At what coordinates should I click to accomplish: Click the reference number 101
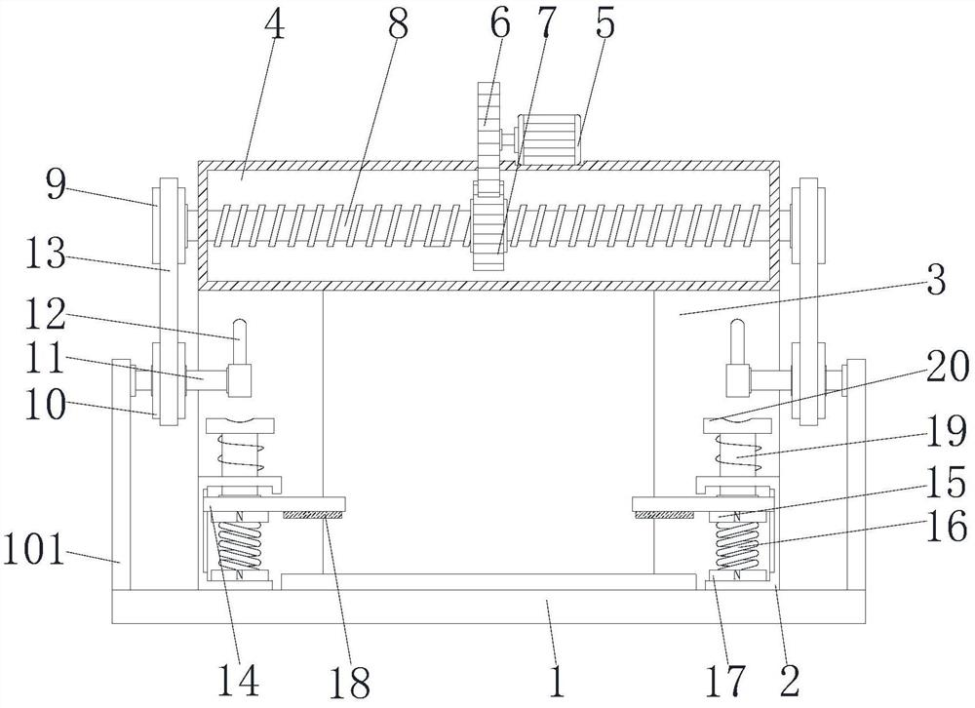34,550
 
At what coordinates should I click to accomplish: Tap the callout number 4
275,26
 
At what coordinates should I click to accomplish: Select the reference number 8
398,26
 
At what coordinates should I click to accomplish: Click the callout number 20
948,366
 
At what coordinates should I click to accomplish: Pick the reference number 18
349,681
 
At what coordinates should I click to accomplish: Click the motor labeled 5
550,139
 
